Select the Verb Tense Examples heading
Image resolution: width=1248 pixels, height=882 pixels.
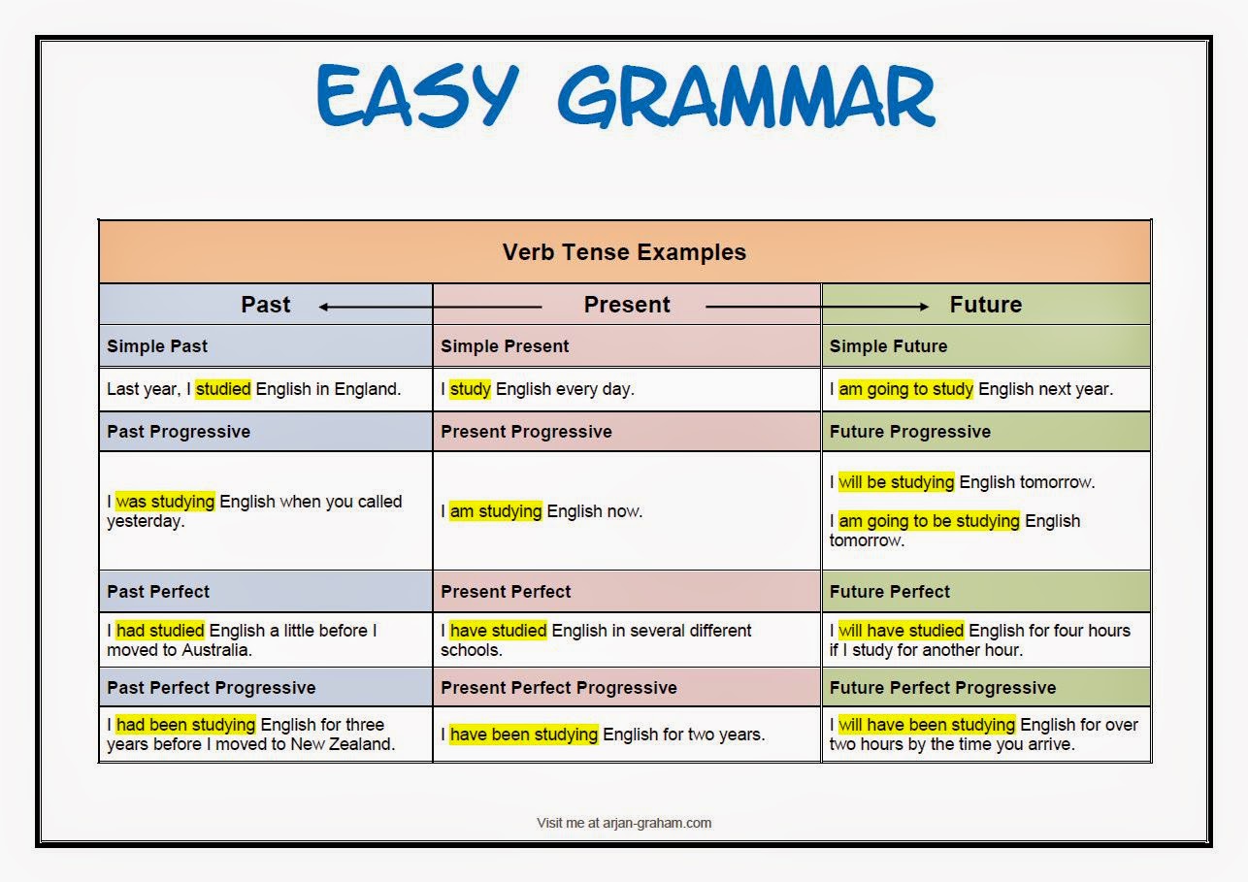point(624,252)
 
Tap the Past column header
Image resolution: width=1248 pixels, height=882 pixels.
point(265,305)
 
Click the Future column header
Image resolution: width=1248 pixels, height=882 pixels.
point(985,305)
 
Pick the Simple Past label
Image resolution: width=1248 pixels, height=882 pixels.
point(157,346)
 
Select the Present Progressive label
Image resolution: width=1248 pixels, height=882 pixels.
point(526,432)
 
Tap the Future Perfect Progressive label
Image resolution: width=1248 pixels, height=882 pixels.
point(942,688)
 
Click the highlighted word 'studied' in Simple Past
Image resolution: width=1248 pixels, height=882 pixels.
point(223,389)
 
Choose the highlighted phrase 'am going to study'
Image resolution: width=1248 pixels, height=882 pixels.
point(905,389)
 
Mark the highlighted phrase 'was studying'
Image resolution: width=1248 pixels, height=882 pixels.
point(165,502)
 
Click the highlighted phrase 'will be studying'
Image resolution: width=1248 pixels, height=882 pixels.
point(897,482)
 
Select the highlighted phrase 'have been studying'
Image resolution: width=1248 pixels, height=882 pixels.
point(524,735)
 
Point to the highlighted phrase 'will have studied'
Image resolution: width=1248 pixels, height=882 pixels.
point(902,631)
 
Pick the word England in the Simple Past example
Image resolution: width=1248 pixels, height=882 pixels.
point(367,389)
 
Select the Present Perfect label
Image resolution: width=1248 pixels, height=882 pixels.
point(506,592)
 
